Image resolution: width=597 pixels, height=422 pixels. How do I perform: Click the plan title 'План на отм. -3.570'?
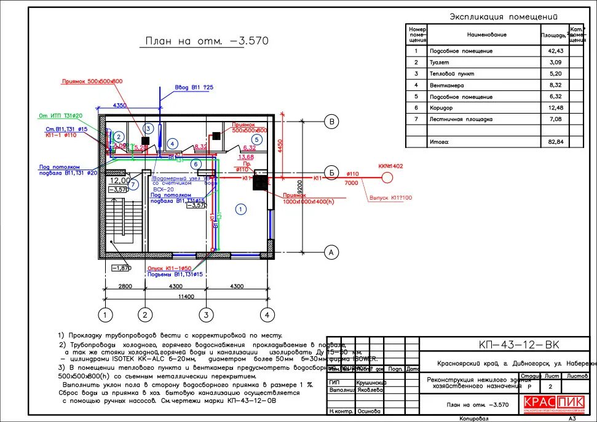(x=206, y=41)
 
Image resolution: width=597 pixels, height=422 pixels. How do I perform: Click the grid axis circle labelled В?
(x=331, y=122)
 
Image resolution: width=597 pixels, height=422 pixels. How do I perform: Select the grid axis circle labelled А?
(x=331, y=251)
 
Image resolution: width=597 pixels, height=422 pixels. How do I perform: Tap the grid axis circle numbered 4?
(x=266, y=315)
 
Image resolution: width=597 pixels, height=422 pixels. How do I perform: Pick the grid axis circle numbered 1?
(x=106, y=315)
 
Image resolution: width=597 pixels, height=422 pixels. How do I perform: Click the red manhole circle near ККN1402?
(x=387, y=178)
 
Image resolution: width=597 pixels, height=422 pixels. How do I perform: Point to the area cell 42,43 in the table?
(x=555, y=51)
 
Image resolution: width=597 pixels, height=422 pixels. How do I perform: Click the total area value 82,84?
(x=555, y=142)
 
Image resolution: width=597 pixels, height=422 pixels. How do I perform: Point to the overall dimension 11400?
(x=185, y=297)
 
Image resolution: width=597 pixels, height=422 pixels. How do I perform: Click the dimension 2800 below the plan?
(x=125, y=286)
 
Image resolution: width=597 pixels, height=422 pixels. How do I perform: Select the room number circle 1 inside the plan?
(x=241, y=209)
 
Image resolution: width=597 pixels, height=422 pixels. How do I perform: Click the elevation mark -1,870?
(x=122, y=268)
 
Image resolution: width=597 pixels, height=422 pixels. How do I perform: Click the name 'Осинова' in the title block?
(x=368, y=411)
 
